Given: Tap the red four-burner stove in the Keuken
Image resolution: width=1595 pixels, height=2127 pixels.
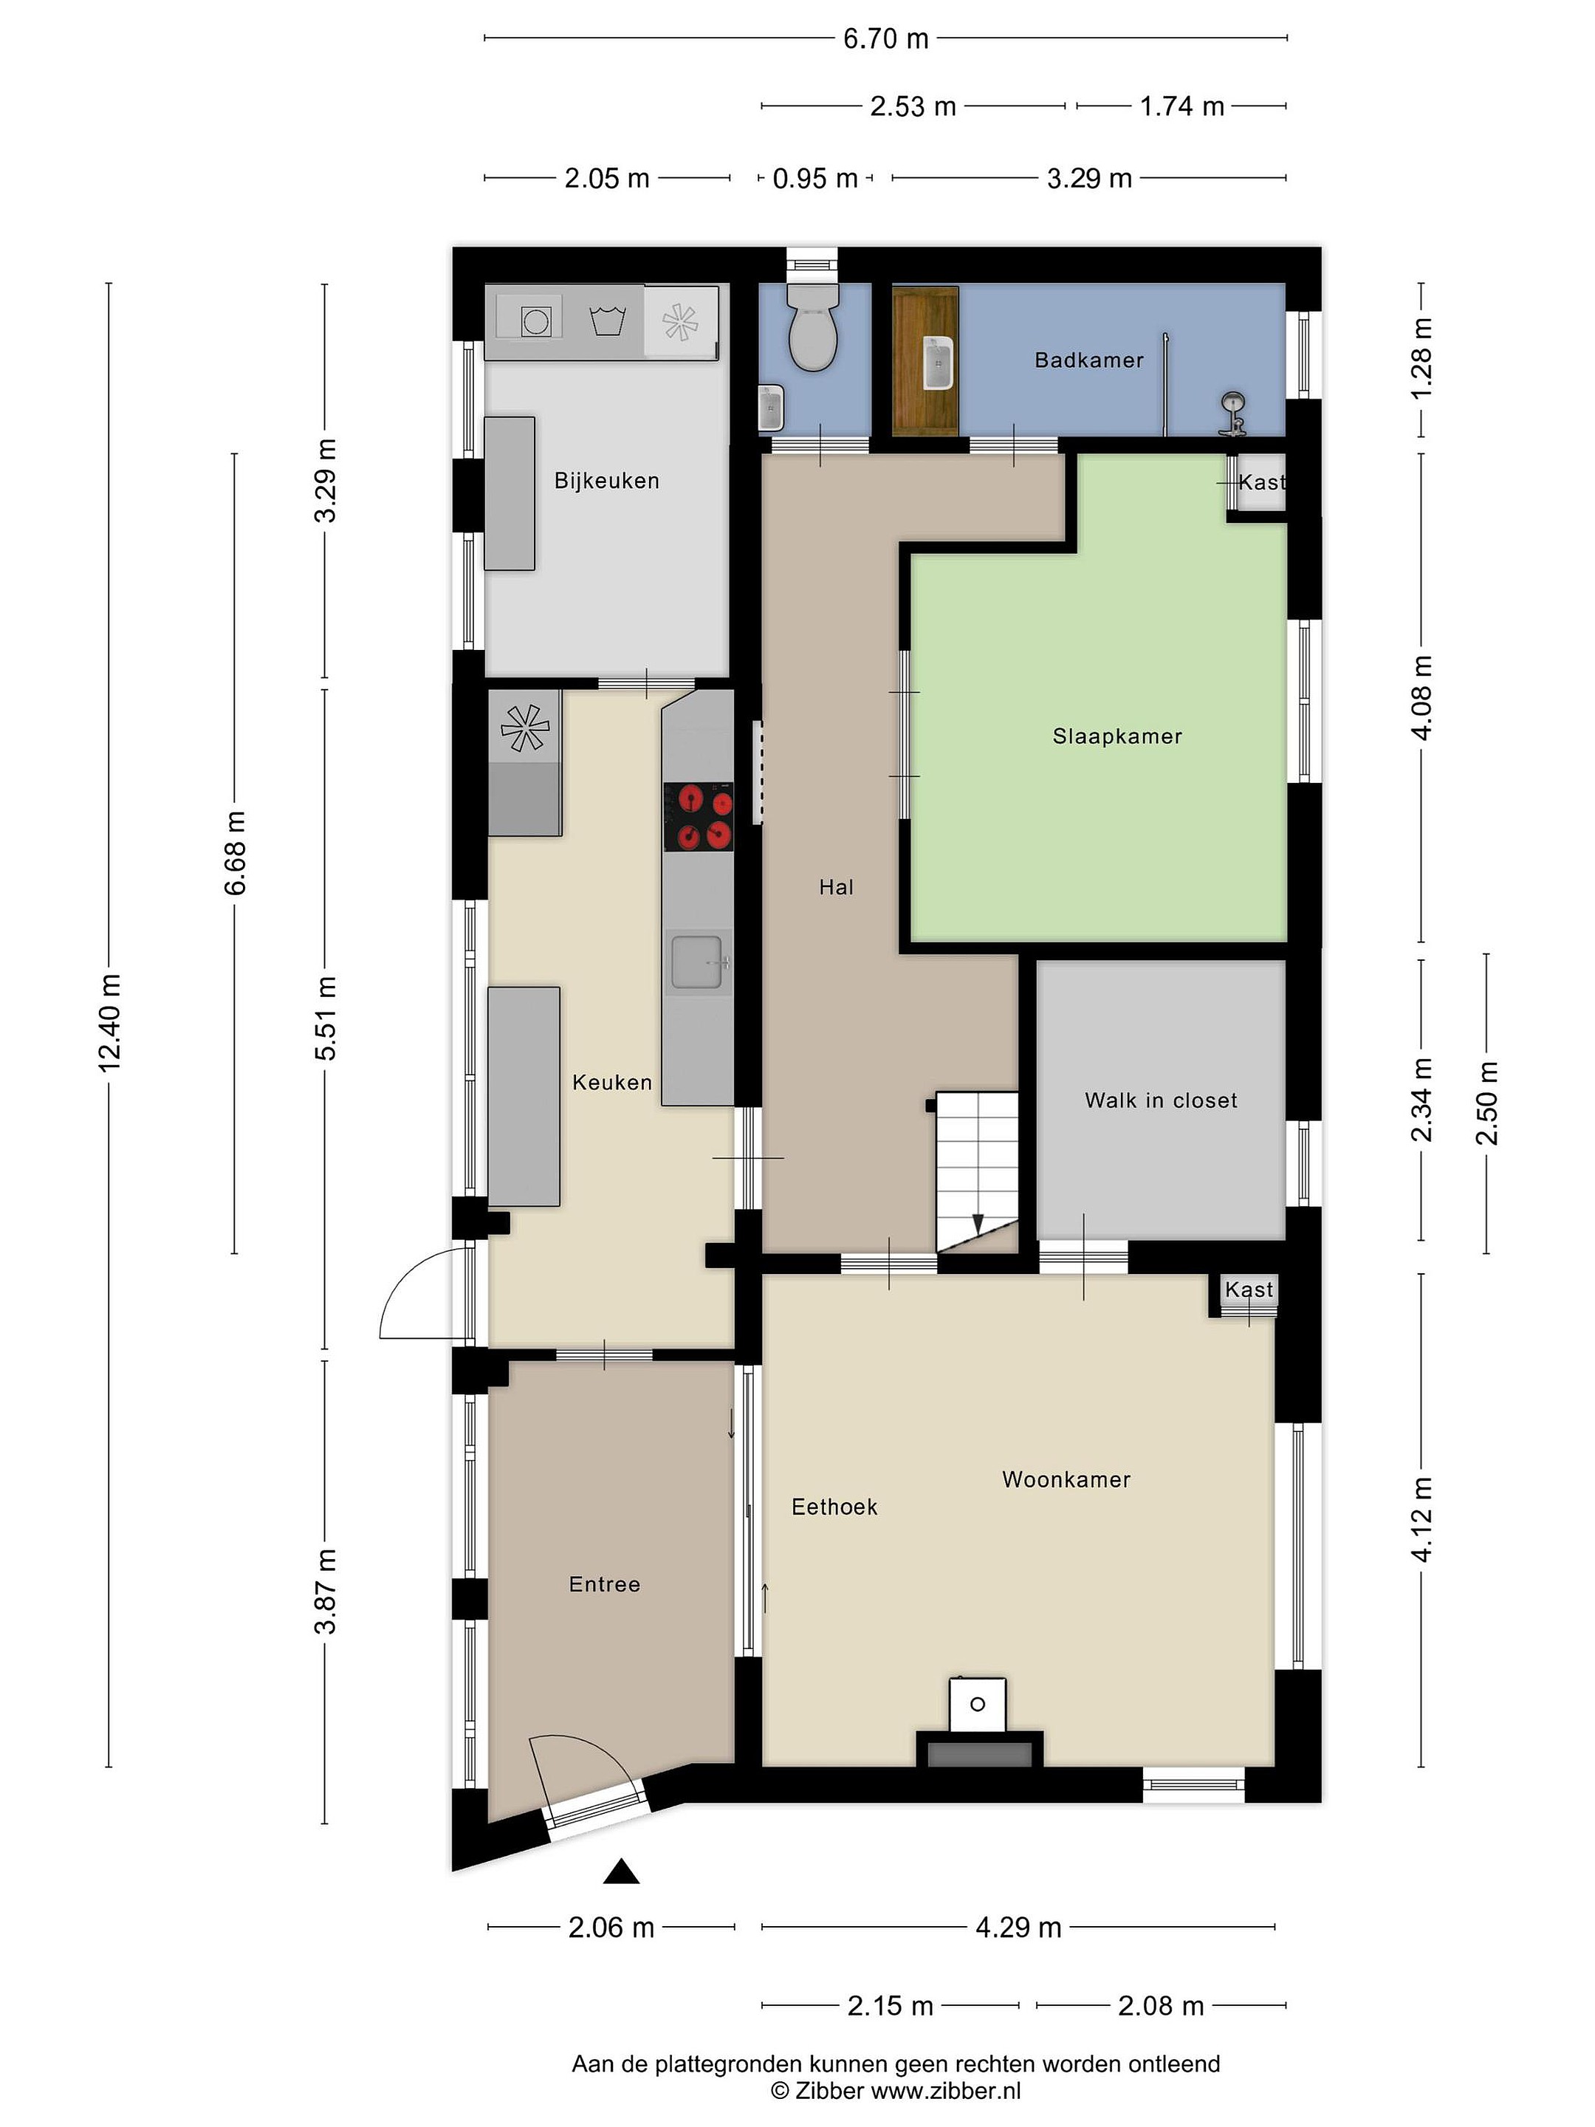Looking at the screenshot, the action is click(699, 816).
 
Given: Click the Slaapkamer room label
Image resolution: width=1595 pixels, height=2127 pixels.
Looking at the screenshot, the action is click(1117, 736).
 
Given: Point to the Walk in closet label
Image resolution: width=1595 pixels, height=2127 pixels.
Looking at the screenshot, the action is click(1161, 1100).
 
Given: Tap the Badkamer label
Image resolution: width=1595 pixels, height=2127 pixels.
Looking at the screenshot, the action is click(1089, 360).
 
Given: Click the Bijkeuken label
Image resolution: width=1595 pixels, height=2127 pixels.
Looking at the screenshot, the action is click(607, 481).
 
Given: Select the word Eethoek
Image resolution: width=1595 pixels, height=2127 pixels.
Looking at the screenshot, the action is click(834, 1507).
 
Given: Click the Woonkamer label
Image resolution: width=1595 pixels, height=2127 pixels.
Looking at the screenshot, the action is click(1066, 1479).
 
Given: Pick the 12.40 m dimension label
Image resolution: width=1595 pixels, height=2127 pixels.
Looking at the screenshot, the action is click(109, 1022).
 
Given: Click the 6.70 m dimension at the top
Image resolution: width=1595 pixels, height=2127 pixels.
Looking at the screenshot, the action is click(885, 38).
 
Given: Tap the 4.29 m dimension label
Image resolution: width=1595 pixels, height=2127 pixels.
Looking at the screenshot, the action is click(1018, 1926).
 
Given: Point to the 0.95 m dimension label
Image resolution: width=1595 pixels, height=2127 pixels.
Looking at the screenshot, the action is click(815, 179).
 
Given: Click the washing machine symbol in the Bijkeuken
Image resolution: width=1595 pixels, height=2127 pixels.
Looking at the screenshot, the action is click(535, 321).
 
